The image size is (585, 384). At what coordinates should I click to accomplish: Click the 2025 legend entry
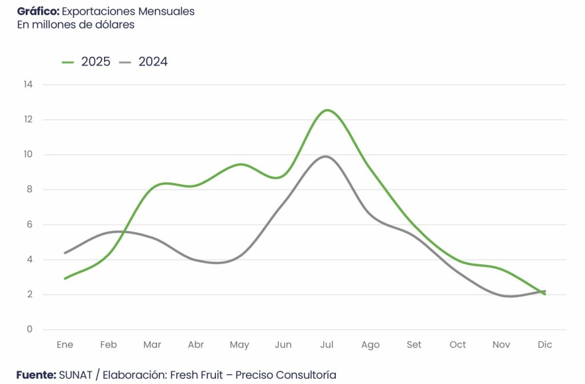pos(86,62)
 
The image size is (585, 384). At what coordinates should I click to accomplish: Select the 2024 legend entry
pos(143,62)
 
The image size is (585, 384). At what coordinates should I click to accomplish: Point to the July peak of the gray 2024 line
pos(326,156)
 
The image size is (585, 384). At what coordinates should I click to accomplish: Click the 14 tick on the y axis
pos(28,84)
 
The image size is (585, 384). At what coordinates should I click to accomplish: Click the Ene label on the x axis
pos(65,345)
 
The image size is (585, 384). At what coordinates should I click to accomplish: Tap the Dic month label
pos(544,345)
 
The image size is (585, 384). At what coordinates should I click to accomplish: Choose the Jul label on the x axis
pos(327,345)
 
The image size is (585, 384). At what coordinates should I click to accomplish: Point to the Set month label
pos(414,345)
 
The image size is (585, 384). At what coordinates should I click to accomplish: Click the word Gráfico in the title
pos(38,11)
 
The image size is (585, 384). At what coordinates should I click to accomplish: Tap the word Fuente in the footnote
pos(35,375)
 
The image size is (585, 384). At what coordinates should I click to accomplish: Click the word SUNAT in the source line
pos(75,375)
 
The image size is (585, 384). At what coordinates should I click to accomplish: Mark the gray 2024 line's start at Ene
pos(65,253)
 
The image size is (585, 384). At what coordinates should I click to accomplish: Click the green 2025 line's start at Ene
pos(65,278)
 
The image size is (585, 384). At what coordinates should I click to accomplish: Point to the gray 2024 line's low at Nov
pos(508,296)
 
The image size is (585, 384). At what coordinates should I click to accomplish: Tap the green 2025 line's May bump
pos(241,164)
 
